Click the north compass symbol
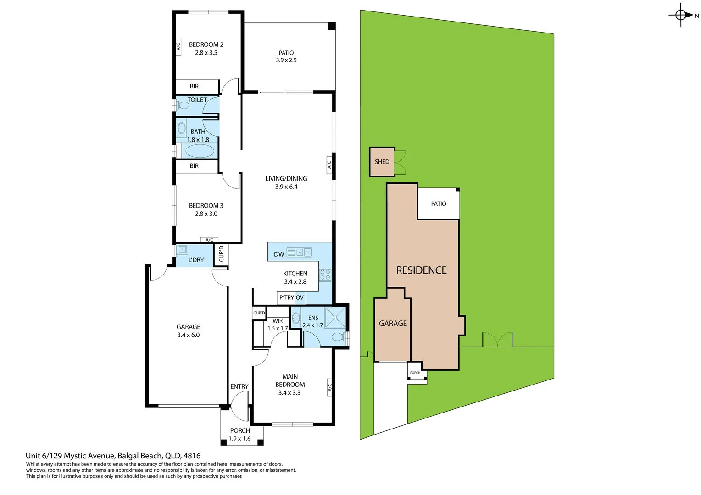point(681,15)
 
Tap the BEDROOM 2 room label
point(206,44)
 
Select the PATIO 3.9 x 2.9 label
point(286,56)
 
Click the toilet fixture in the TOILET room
point(184,105)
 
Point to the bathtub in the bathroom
point(200,151)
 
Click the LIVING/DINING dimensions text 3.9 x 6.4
point(286,187)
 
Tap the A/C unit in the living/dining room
point(329,164)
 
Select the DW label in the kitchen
point(279,254)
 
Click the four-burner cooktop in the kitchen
point(325,275)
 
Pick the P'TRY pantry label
point(286,297)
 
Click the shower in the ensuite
point(335,317)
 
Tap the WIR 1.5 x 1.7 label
point(278,324)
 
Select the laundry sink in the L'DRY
point(182,250)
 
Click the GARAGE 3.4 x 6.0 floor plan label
point(188,331)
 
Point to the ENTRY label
point(239,386)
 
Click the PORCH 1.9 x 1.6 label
point(240,434)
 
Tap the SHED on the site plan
point(382,162)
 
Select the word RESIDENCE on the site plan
point(421,270)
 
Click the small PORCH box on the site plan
point(416,373)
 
